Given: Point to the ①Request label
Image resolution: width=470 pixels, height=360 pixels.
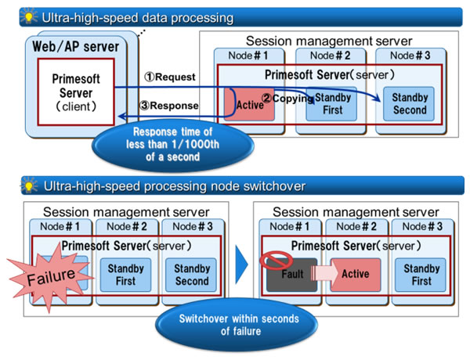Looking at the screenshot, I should [x=170, y=77].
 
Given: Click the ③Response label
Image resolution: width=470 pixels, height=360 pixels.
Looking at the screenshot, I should [x=169, y=106].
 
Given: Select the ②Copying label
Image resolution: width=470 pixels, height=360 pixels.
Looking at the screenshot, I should [x=287, y=99].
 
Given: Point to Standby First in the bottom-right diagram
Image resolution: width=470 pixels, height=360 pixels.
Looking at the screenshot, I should [x=421, y=275].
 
